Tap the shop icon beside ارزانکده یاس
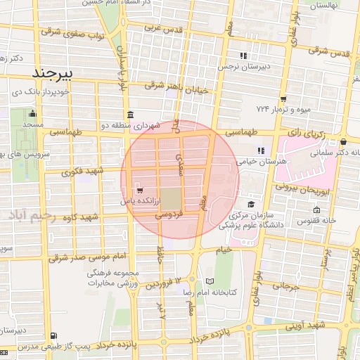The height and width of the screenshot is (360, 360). click(x=139, y=191)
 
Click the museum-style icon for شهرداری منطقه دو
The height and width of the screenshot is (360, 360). click(x=131, y=115)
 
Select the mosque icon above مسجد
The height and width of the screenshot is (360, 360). click(x=32, y=113)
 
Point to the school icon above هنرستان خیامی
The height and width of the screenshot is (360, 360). click(x=261, y=150)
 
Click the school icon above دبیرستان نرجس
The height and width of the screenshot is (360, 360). click(x=243, y=56)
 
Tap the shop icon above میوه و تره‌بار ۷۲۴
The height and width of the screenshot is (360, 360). click(x=283, y=99)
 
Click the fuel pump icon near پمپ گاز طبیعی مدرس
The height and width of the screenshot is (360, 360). click(x=55, y=336)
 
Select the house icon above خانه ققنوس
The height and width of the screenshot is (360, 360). click(x=316, y=210)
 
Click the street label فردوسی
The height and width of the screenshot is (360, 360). click(x=169, y=213)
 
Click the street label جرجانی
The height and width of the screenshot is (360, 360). click(x=286, y=286)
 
